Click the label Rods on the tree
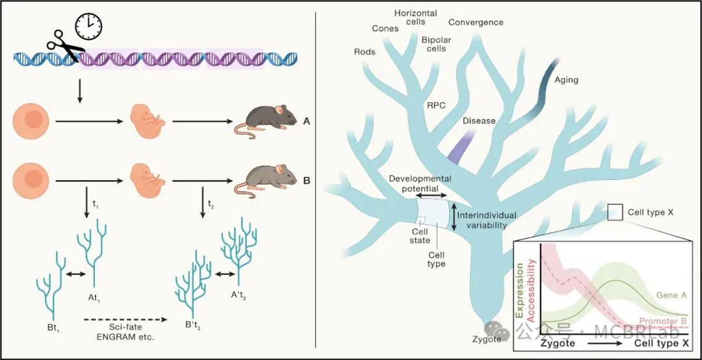(365, 52)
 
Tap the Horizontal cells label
(415, 18)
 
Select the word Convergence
(475, 22)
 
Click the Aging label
(566, 81)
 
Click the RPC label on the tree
(436, 105)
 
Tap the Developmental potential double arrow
(430, 194)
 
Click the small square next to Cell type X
(615, 212)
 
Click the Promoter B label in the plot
(663, 321)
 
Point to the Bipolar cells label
(433, 44)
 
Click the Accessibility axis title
(532, 287)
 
